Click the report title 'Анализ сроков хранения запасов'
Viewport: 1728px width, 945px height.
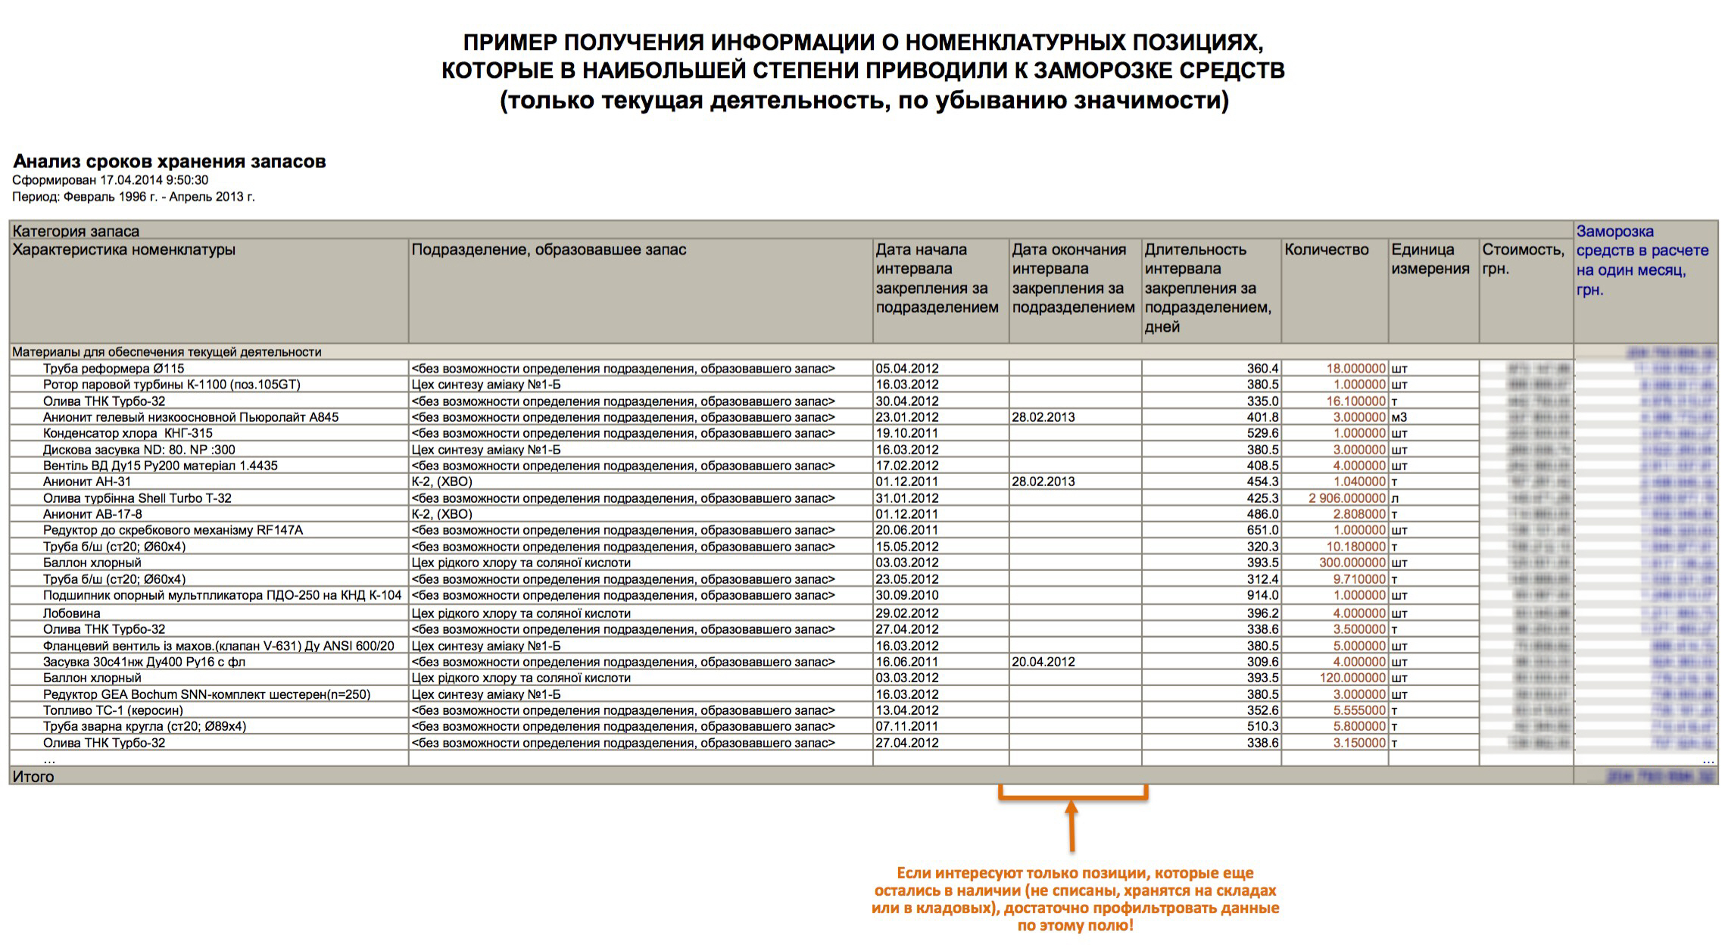coord(169,161)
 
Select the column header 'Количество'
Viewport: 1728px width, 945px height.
coord(1326,250)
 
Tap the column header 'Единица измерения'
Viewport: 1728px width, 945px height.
coord(1430,259)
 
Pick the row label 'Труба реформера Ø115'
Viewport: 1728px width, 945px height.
coord(114,369)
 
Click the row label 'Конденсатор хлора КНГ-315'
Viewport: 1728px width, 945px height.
coord(127,433)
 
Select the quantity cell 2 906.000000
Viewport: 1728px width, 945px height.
coord(1346,498)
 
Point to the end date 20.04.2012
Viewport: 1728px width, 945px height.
coord(1043,662)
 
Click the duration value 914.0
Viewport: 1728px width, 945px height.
coord(1262,596)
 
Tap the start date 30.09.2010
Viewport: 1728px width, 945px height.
coord(906,596)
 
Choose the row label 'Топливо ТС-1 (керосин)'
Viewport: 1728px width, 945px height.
coord(113,710)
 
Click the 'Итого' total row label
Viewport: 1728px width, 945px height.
coord(33,776)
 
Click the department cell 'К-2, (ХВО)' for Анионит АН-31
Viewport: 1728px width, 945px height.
coord(441,482)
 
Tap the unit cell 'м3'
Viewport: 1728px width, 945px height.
coord(1399,417)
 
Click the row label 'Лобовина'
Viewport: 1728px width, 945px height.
coord(71,613)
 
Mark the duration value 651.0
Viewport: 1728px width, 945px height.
coord(1262,530)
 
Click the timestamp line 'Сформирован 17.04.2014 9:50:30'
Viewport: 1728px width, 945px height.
coord(110,180)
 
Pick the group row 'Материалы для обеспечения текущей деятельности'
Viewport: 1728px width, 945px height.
coord(167,352)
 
